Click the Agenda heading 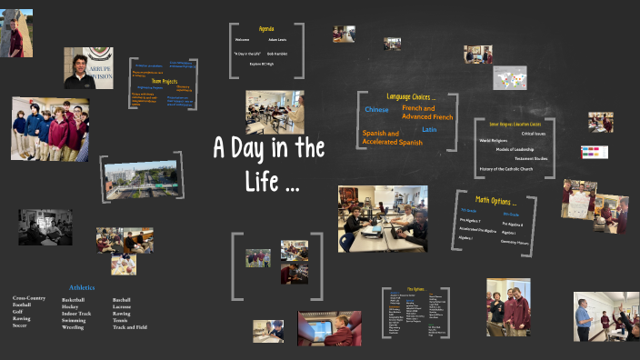point(265,28)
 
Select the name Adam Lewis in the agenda point(277,40)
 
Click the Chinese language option point(376,110)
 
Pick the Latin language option point(429,129)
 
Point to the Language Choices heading point(411,96)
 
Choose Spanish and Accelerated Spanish point(393,138)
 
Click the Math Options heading point(495,200)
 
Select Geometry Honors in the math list point(515,243)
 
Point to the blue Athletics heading point(83,287)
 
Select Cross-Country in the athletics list point(29,297)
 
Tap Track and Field point(132,326)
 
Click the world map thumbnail point(510,78)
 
